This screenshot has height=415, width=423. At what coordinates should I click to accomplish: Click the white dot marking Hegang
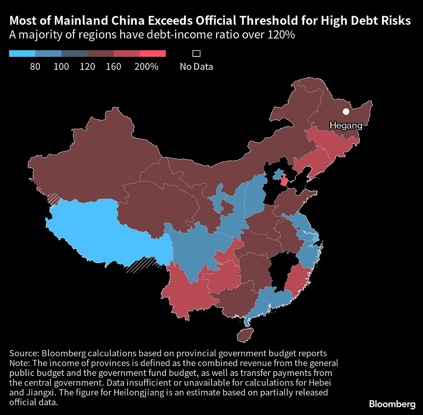point(346,112)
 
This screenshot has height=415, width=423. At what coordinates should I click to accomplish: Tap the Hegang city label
point(346,125)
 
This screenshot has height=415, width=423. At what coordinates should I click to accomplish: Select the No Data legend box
point(196,54)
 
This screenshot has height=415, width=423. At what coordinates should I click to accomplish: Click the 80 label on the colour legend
point(35,66)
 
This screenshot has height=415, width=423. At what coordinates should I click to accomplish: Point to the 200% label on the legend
point(146,66)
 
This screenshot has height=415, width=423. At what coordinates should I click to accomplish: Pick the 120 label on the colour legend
point(87,66)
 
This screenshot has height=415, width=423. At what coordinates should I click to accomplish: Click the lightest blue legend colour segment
point(22,54)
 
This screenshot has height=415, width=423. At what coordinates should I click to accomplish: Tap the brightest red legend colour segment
point(153,54)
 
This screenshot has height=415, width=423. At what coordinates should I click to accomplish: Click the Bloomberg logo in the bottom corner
point(392,404)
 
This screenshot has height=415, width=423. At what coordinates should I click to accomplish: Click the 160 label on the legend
point(114,66)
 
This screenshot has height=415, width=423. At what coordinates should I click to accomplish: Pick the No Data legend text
point(196,66)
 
